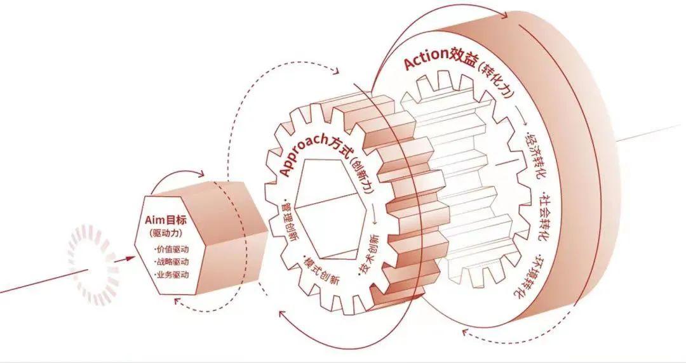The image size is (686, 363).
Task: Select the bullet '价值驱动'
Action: (172, 249)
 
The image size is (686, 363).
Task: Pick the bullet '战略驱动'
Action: (172, 261)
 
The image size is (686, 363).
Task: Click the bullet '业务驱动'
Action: (172, 275)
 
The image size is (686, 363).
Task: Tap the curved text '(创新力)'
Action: (362, 177)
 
